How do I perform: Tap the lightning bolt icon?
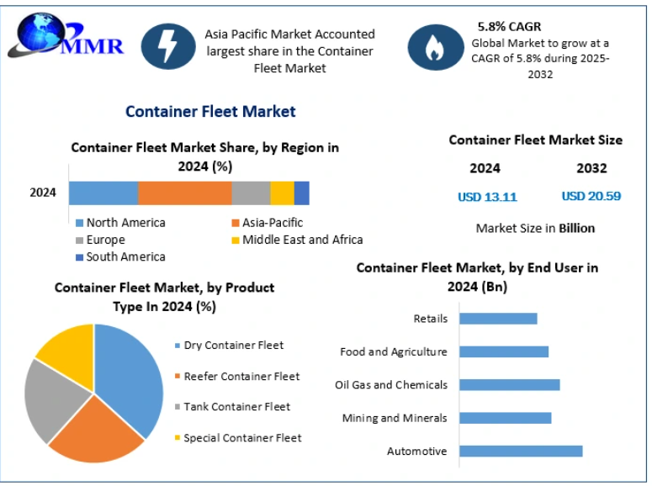click(168, 47)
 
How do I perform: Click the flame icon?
click(434, 48)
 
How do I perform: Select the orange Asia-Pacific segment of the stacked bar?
click(184, 193)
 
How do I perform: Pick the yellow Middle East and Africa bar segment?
click(282, 193)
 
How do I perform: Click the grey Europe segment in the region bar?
click(251, 193)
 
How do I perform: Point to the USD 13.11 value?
click(487, 197)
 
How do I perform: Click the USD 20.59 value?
click(591, 196)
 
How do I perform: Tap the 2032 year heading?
click(591, 168)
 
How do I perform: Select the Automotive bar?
click(521, 452)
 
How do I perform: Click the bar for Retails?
click(498, 319)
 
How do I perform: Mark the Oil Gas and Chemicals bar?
click(510, 385)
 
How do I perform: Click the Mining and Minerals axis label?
click(395, 418)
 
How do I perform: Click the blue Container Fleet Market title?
click(210, 111)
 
